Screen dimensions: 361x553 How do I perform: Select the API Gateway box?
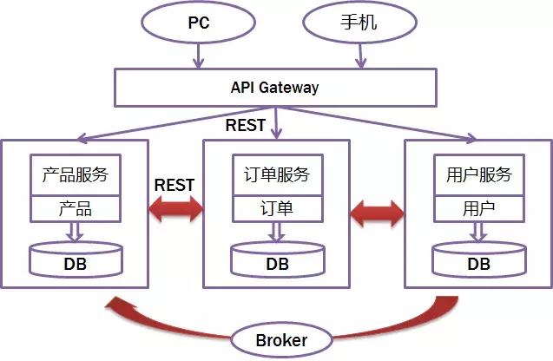click(275, 88)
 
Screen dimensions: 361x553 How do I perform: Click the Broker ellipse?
click(280, 339)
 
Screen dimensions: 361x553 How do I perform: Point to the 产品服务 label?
click(75, 175)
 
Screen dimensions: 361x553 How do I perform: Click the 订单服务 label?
click(277, 175)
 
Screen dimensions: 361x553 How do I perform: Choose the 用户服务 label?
click(478, 175)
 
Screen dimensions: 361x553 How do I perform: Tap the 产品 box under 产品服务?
click(75, 209)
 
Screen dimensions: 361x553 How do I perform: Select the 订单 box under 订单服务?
click(277, 209)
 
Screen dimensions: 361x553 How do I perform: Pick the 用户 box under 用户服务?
click(478, 209)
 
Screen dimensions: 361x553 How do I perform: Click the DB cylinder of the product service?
click(75, 259)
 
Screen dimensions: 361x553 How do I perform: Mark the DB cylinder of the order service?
click(277, 259)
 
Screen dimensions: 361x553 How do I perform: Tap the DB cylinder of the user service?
click(478, 259)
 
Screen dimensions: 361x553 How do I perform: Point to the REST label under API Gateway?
click(246, 126)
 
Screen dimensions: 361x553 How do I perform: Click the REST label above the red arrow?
click(174, 185)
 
